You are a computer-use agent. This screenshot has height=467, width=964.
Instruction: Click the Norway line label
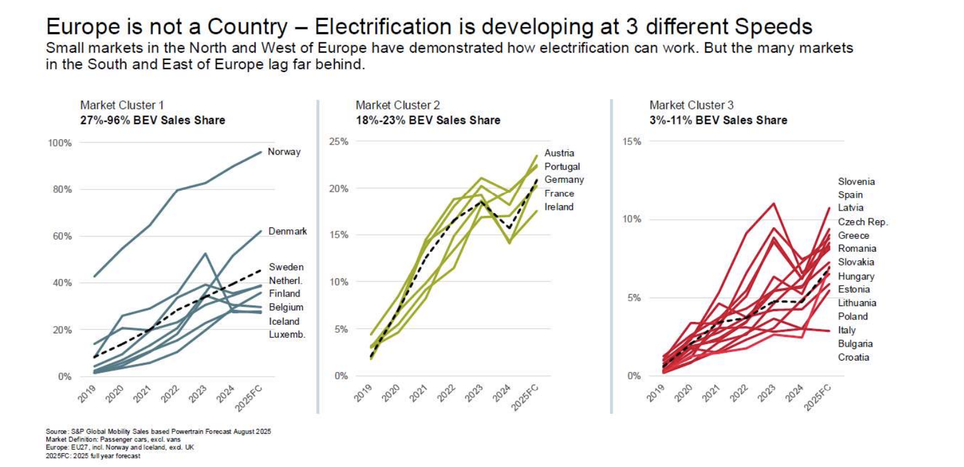click(x=284, y=152)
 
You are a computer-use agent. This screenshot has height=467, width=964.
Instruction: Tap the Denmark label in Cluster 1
click(x=287, y=231)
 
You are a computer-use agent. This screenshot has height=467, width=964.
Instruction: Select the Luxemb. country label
click(x=287, y=335)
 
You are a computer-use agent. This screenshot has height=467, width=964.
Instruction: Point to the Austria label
click(x=559, y=153)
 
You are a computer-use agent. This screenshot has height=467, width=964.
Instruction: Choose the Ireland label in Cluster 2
click(x=558, y=207)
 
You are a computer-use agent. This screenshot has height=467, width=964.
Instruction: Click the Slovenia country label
click(x=856, y=181)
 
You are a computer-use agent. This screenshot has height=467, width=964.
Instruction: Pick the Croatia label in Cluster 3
click(x=853, y=358)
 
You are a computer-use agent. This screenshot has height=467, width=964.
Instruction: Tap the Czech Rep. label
click(x=862, y=222)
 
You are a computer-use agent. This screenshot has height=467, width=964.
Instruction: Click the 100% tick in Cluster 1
click(x=60, y=143)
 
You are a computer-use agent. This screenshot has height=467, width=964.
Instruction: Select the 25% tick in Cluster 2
click(x=339, y=142)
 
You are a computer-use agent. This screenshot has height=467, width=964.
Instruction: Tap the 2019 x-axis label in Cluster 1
click(x=87, y=394)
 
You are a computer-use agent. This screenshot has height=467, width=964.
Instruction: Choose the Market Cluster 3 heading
click(x=691, y=105)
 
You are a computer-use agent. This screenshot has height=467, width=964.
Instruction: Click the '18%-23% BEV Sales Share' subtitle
click(x=428, y=120)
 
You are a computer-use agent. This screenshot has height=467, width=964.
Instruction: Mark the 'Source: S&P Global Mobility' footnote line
click(x=158, y=432)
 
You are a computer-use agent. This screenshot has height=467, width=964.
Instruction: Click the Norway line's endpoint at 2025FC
click(x=261, y=152)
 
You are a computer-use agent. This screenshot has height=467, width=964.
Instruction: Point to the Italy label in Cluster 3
click(x=846, y=330)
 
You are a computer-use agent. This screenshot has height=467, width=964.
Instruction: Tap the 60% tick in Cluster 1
click(x=62, y=237)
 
